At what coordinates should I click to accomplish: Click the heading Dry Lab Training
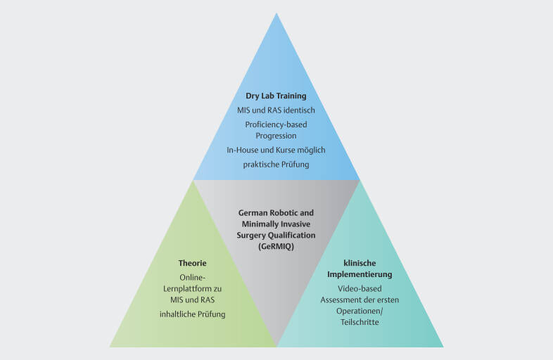click(276, 96)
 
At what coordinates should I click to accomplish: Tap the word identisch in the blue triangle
click(295, 110)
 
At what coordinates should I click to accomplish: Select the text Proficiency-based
click(276, 124)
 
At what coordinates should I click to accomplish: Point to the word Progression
click(276, 136)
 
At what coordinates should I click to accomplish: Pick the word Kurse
click(289, 150)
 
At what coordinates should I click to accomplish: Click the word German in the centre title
click(255, 212)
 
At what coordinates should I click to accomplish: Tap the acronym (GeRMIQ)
click(276, 245)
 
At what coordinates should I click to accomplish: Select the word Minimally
click(258, 223)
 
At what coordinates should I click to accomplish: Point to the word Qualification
click(291, 234)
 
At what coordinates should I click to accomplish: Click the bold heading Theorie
click(192, 263)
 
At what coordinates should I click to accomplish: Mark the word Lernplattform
click(192, 288)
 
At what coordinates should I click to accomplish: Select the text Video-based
click(360, 289)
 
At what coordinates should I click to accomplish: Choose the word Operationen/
click(359, 311)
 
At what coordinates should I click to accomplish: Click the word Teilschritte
click(360, 323)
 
